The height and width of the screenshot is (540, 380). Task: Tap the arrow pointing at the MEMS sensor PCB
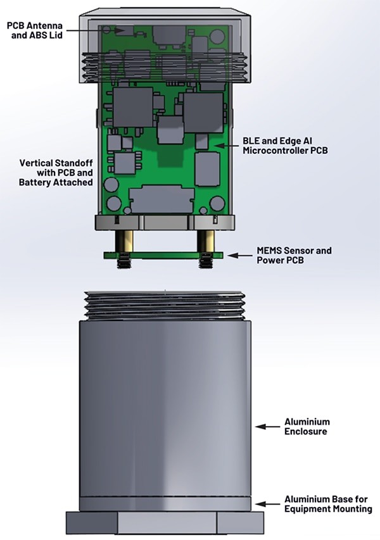pos(236,255)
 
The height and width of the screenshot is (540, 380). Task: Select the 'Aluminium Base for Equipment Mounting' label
pos(327,504)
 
